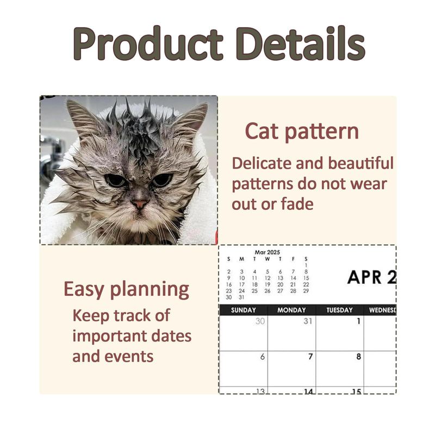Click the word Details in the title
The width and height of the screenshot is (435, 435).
(301, 43)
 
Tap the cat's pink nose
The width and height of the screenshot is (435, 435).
(140, 204)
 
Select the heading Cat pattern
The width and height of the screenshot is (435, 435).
(302, 131)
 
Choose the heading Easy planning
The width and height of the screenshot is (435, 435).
(126, 289)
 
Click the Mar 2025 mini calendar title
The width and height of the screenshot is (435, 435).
(267, 252)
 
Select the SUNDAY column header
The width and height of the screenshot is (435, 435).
(243, 310)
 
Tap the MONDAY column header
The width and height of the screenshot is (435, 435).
(291, 310)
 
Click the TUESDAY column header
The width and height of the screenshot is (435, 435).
(339, 310)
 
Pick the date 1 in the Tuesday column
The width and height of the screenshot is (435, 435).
(358, 321)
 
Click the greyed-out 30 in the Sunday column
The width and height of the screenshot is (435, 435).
(260, 321)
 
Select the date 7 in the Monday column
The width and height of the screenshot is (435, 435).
(310, 356)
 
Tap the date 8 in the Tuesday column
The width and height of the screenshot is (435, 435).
(358, 356)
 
